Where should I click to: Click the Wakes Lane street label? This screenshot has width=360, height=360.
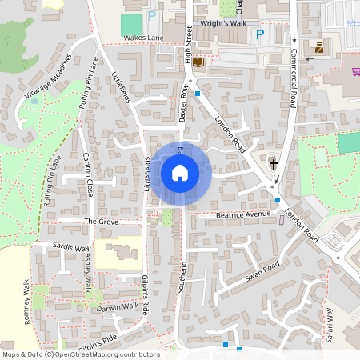pyautogui.click(x=144, y=38)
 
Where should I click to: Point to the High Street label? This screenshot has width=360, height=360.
pyautogui.click(x=190, y=48)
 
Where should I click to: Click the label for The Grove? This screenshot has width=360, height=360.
pyautogui.click(x=101, y=221)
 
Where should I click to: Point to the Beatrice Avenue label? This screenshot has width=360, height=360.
pyautogui.click(x=244, y=214)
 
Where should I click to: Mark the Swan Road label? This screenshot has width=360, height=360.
pyautogui.click(x=262, y=271)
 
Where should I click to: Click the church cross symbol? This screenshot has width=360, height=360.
pyautogui.click(x=274, y=164)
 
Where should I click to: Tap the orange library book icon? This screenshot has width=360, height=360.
pyautogui.click(x=198, y=62)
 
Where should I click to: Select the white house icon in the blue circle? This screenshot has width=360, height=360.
pyautogui.click(x=180, y=173)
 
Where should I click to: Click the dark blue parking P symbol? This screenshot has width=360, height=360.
pyautogui.click(x=259, y=34)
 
